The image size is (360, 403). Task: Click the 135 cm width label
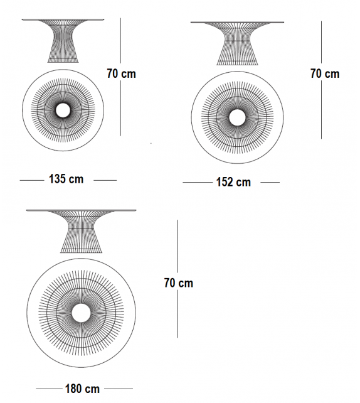click(66, 180)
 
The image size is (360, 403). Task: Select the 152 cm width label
click(233, 183)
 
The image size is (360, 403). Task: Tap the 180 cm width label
click(83, 389)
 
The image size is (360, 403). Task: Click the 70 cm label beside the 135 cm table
click(121, 73)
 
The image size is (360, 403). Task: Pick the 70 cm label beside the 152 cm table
click(324, 73)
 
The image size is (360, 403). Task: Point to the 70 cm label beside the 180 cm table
click(178, 283)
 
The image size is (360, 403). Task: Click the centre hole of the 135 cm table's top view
click(63, 110)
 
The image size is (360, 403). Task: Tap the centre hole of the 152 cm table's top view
click(237, 117)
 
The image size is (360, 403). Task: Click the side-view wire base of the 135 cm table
click(63, 41)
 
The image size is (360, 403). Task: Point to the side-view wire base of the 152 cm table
click(237, 45)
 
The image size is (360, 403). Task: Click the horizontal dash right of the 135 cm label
click(105, 180)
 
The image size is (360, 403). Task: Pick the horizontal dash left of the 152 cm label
click(195, 183)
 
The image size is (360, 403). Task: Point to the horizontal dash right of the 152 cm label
click(270, 183)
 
